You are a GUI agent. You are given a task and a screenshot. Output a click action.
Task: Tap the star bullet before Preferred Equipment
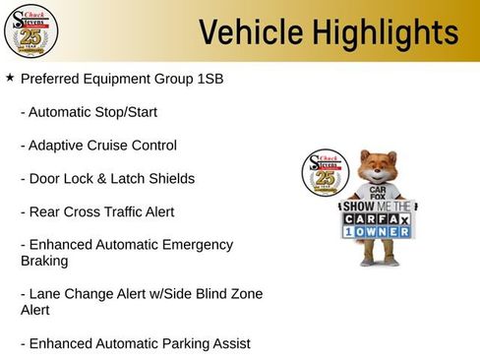coord(10,76)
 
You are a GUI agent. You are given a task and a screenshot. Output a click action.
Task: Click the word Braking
coord(45,262)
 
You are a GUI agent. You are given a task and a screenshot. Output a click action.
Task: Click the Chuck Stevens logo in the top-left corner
coord(31,30)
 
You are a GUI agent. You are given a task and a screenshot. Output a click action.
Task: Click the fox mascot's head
coord(378,168)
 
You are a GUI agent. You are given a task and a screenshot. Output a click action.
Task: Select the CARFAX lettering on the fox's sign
coord(378,220)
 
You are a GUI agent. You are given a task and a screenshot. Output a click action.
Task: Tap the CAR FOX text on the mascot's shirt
coord(377,193)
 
